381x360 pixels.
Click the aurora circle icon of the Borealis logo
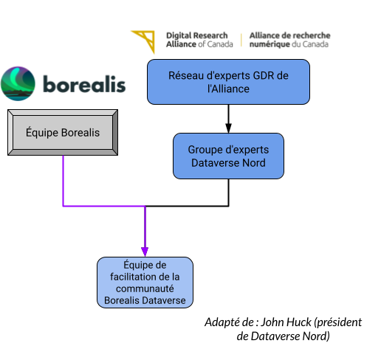pyautogui.click(x=18, y=83)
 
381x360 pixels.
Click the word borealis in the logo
pyautogui.click(x=83, y=84)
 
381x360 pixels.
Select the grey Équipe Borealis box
pyautogui.click(x=63, y=134)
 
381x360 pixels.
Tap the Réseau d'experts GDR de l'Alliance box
pyautogui.click(x=228, y=82)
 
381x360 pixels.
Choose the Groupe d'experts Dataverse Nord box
pyautogui.click(x=228, y=156)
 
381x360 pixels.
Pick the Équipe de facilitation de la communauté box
pyautogui.click(x=145, y=283)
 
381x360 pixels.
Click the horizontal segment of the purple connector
pyautogui.click(x=103, y=206)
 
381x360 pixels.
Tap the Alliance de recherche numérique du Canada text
pyautogui.click(x=290, y=40)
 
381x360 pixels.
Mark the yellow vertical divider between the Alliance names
pyautogui.click(x=241, y=40)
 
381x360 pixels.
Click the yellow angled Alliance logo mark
pyautogui.click(x=145, y=41)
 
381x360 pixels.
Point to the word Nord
pyautogui.click(x=253, y=162)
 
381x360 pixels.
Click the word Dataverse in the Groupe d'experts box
pyautogui.click(x=214, y=162)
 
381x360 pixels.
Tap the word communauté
pyautogui.click(x=145, y=288)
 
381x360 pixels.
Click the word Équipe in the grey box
pyautogui.click(x=42, y=134)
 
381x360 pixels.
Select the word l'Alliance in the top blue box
pyautogui.click(x=228, y=89)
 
